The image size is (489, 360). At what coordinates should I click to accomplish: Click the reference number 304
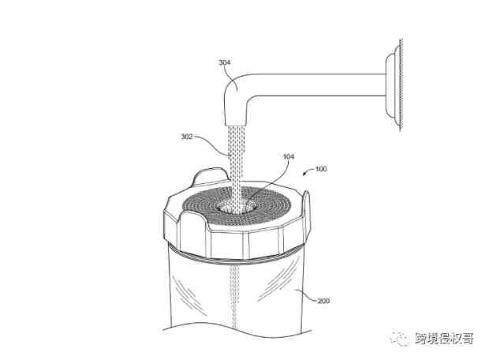click(x=224, y=62)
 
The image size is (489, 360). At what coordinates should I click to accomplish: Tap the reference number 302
click(x=187, y=137)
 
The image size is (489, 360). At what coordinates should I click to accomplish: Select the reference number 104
click(x=289, y=156)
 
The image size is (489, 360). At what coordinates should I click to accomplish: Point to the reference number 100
click(x=321, y=169)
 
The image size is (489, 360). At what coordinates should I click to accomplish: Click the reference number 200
click(x=323, y=301)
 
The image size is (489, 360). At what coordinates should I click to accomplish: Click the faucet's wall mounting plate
click(x=394, y=85)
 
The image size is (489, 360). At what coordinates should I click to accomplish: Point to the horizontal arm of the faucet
click(x=318, y=85)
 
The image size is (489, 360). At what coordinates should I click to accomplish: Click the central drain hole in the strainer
click(x=236, y=206)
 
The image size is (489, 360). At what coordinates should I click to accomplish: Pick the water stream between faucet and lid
click(x=236, y=163)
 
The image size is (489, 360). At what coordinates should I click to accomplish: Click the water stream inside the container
click(x=233, y=297)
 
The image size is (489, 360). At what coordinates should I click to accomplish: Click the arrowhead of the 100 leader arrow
click(x=304, y=174)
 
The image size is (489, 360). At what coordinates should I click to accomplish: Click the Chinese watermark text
click(x=444, y=339)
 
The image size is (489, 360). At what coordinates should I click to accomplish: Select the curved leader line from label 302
click(x=212, y=144)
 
